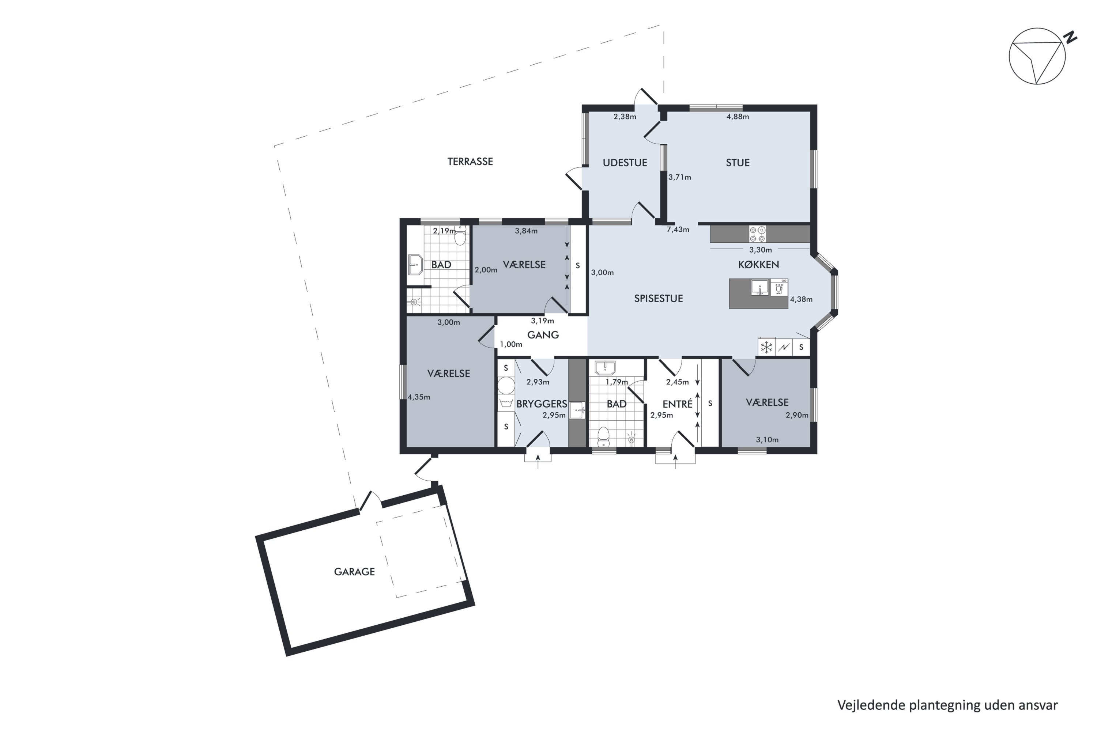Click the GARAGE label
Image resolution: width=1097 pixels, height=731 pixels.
(x=354, y=572)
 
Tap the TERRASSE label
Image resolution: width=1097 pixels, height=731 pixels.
(x=470, y=161)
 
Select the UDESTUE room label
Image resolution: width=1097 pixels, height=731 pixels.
(x=625, y=163)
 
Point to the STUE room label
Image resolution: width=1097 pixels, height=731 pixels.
(x=738, y=163)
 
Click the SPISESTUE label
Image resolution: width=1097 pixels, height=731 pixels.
(x=658, y=298)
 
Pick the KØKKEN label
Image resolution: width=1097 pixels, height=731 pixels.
(x=758, y=264)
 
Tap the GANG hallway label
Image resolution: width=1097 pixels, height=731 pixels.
(x=543, y=335)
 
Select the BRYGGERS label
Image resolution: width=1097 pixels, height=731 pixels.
(x=542, y=404)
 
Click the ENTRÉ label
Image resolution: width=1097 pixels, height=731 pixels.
(x=677, y=404)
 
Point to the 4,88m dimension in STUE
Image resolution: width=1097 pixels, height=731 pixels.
(x=738, y=117)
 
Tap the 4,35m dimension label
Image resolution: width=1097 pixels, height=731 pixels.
(x=419, y=397)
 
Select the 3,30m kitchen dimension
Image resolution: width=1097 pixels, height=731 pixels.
(x=760, y=250)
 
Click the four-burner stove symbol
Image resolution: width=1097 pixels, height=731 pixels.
(x=757, y=234)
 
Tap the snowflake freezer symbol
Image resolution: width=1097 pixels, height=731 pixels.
(x=767, y=347)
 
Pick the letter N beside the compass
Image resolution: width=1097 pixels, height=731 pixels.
(x=1071, y=37)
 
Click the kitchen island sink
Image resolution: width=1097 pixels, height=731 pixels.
(x=760, y=287)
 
